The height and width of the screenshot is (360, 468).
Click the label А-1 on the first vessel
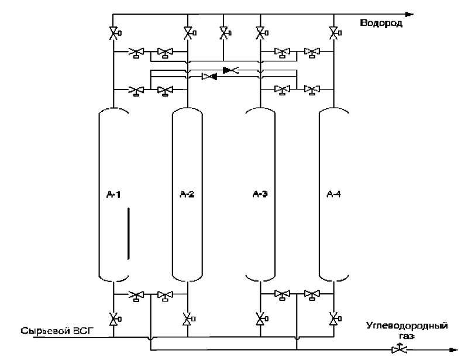113,194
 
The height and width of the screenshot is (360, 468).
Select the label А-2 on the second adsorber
187,194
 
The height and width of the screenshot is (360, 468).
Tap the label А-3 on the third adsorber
260,194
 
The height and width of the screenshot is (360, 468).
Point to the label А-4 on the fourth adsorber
333,194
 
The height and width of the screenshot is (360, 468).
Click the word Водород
381,23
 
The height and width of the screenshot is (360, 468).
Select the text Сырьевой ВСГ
57,331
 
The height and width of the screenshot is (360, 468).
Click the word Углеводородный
407,325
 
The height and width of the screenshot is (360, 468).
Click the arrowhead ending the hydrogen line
411,14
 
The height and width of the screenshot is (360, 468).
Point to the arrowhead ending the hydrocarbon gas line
453,350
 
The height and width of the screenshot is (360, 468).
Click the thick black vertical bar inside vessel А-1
129,234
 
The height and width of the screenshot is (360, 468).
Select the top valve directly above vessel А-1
114,33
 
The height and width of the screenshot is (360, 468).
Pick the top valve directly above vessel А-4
334,33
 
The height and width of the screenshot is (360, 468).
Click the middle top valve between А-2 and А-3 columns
224,33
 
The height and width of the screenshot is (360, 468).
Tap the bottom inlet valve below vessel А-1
114,319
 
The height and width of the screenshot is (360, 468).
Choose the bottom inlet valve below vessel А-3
260,319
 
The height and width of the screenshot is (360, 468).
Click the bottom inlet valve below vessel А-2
188,319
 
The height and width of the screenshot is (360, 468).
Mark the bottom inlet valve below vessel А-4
334,319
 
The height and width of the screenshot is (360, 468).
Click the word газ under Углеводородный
407,336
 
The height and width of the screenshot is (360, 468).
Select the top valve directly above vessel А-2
188,33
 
